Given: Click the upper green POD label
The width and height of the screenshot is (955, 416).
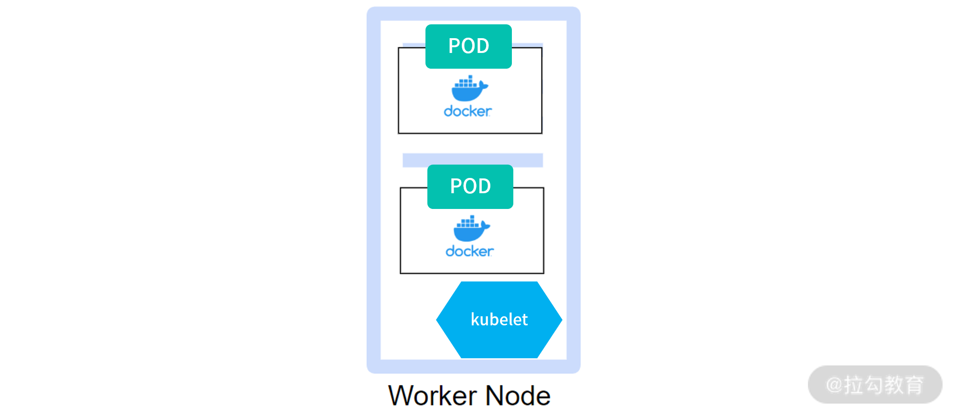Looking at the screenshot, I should pos(468,46).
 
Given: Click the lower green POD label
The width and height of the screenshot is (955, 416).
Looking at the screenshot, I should pos(470,187).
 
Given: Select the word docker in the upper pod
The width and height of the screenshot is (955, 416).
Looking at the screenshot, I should pos(467,111).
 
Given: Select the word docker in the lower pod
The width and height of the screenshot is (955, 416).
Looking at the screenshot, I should pos(469,251).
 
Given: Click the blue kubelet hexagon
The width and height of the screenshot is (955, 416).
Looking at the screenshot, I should pos(499,320).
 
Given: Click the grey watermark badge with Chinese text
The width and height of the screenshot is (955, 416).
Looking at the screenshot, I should pos(875,385).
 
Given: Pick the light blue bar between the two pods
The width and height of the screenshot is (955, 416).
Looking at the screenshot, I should pos(473,160).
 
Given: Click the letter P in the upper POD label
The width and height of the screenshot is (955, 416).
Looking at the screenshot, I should pos(454,46).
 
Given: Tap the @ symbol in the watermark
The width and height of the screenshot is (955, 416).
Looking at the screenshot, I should pos(834,385).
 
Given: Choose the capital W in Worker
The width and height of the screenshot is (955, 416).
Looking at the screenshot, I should pos(401,396).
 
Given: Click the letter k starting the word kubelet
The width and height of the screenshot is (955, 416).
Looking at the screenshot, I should pos(475,319).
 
